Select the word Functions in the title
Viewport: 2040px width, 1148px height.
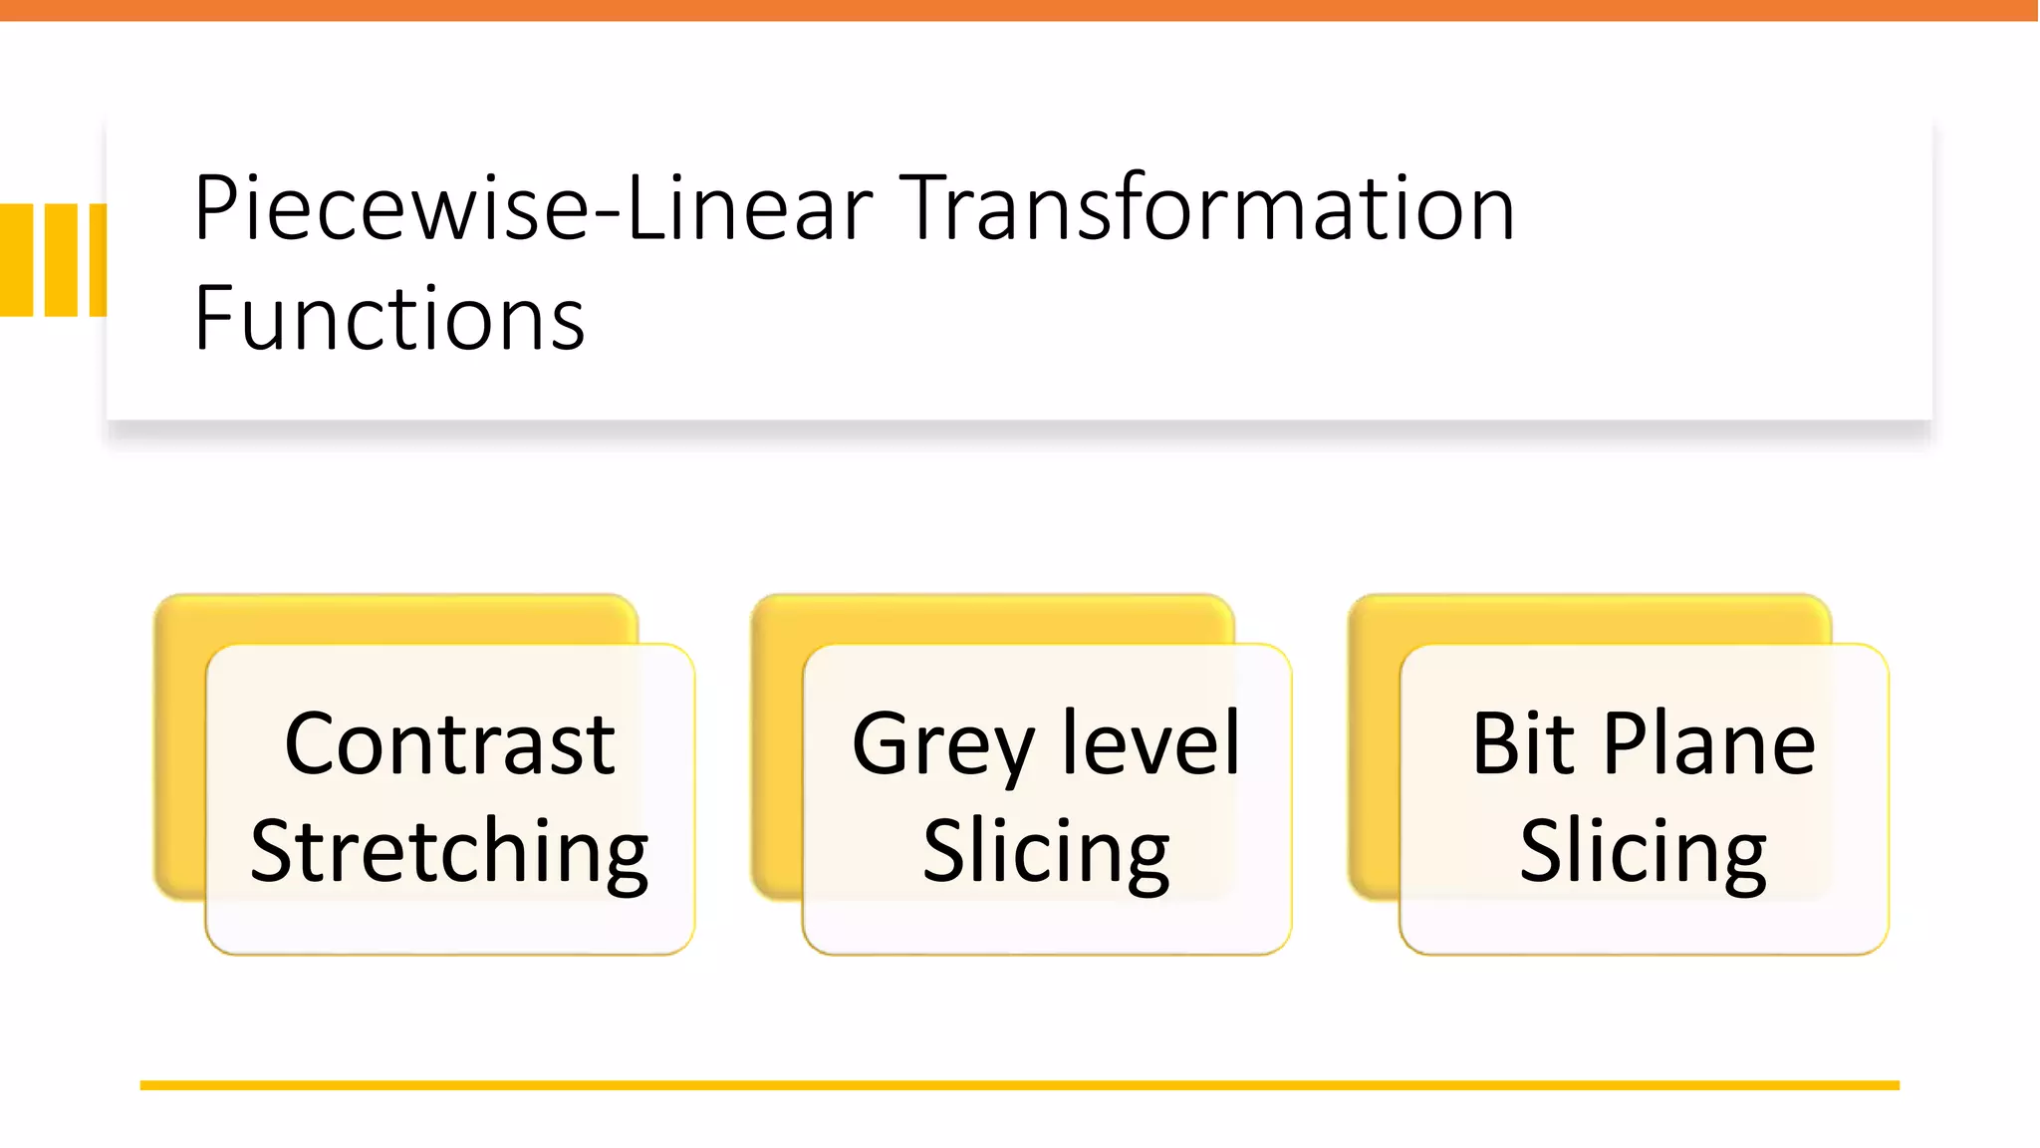pyautogui.click(x=388, y=319)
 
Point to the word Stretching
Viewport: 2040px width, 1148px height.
pyautogui.click(x=449, y=852)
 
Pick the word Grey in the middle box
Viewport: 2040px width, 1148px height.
pyautogui.click(x=942, y=745)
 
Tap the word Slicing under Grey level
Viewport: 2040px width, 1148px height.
pyautogui.click(x=1046, y=852)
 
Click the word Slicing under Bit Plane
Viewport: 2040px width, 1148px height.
pyautogui.click(x=1644, y=852)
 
